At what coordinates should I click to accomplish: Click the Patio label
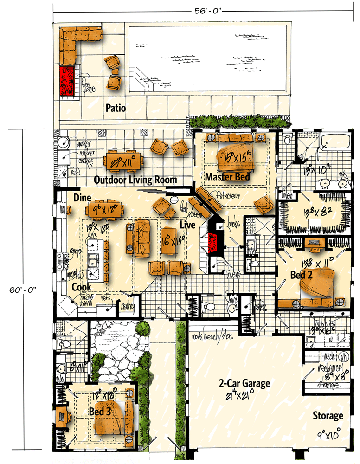[x=116, y=109]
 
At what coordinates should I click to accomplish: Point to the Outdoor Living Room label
[x=135, y=180]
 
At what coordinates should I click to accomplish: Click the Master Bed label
[x=227, y=177]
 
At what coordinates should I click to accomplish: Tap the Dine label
[x=82, y=198]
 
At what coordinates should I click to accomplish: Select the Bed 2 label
[x=301, y=275]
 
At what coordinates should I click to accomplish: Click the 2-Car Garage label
[x=244, y=383]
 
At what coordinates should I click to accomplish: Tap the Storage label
[x=327, y=416]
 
